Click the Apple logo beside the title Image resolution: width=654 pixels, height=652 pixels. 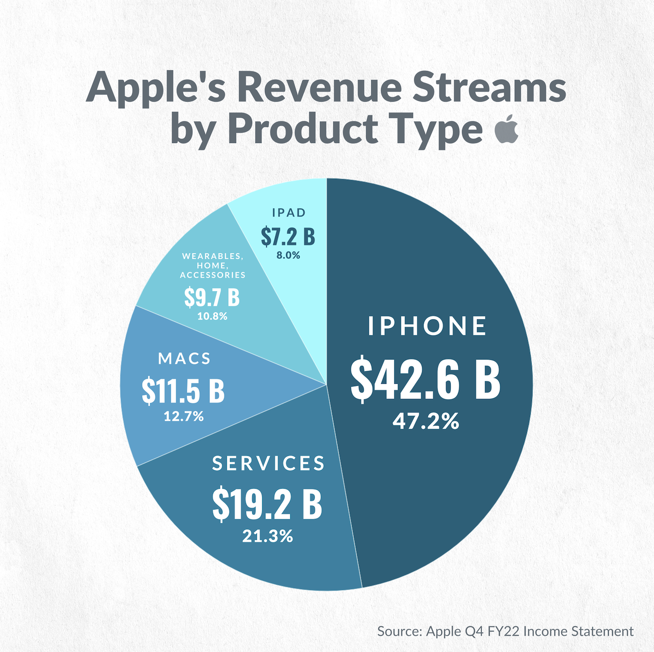[507, 128]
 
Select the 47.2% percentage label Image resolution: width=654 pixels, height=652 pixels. [426, 421]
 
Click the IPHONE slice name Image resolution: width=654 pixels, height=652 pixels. [427, 326]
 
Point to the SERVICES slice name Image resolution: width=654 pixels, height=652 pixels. [268, 463]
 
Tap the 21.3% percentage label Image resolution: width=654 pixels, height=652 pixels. [268, 536]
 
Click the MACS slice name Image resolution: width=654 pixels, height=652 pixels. [184, 358]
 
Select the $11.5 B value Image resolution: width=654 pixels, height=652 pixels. [183, 390]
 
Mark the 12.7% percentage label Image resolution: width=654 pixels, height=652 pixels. [183, 416]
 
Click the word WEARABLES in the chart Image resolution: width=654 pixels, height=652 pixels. [212, 256]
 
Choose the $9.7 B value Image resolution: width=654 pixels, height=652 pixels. [212, 297]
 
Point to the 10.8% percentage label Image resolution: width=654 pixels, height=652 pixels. [212, 316]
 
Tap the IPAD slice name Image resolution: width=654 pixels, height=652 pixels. [289, 213]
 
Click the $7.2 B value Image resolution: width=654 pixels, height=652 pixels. [288, 236]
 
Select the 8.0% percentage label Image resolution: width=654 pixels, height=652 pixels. [288, 255]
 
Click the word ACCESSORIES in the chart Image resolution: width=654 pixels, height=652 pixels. [213, 275]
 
